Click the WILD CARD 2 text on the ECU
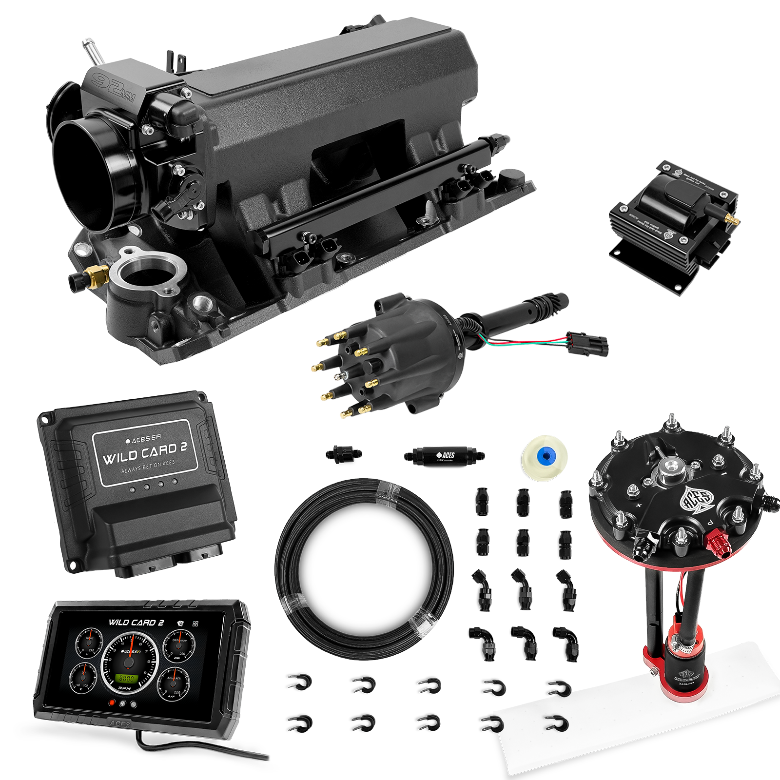click(145, 455)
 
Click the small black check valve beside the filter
click(343, 455)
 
